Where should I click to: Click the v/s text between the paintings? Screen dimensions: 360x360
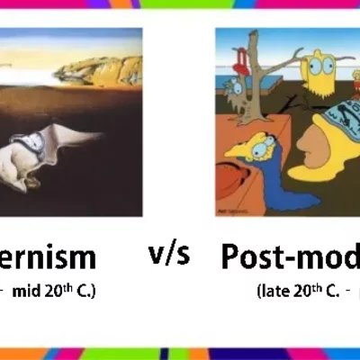point(168,255)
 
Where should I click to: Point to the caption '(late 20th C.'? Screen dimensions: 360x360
point(292,291)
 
